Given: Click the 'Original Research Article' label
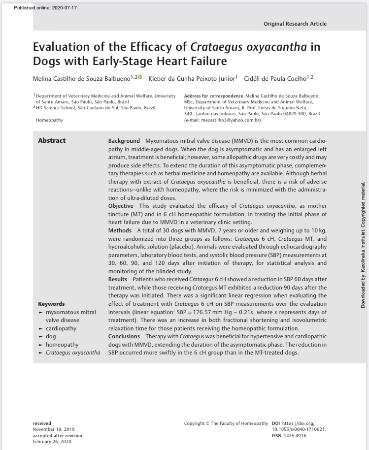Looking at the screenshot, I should click(x=295, y=24).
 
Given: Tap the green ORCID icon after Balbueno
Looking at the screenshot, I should click(x=139, y=77).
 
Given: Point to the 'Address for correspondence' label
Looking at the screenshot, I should click(x=213, y=95).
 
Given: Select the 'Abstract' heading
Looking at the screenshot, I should click(x=52, y=141).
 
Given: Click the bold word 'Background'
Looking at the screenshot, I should click(x=124, y=141).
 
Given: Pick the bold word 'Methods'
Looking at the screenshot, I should click(x=120, y=230).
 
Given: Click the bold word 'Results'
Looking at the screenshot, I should click(x=119, y=279).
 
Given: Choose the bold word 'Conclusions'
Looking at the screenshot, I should click(x=124, y=337).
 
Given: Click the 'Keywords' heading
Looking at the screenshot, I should click(x=51, y=304).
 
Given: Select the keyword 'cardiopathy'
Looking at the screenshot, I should click(x=61, y=328).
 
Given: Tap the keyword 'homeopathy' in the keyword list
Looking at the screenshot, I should click(x=62, y=345).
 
